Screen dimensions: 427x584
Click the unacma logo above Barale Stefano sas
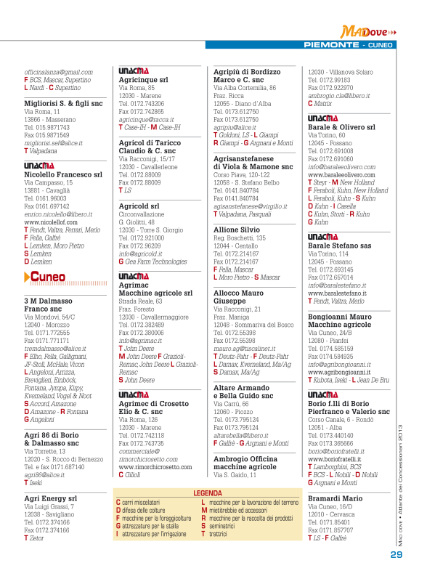(322, 237)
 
